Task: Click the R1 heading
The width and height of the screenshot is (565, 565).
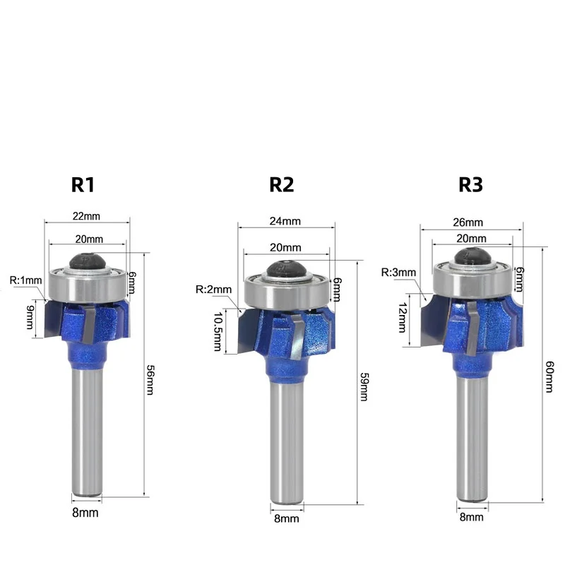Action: tap(83, 185)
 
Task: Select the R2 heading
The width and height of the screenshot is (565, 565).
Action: tap(281, 185)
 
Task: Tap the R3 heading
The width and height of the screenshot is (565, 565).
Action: tap(470, 185)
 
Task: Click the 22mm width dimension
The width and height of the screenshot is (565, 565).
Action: tap(86, 216)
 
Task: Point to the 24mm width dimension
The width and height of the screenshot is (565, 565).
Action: tap(285, 221)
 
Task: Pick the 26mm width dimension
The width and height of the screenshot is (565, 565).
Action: tap(468, 222)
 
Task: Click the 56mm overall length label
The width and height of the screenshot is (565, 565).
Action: tap(150, 380)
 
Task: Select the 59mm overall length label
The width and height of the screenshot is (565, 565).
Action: tap(364, 386)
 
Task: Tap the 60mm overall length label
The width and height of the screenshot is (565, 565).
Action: tap(549, 376)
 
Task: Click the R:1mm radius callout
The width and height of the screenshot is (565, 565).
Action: tap(25, 280)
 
